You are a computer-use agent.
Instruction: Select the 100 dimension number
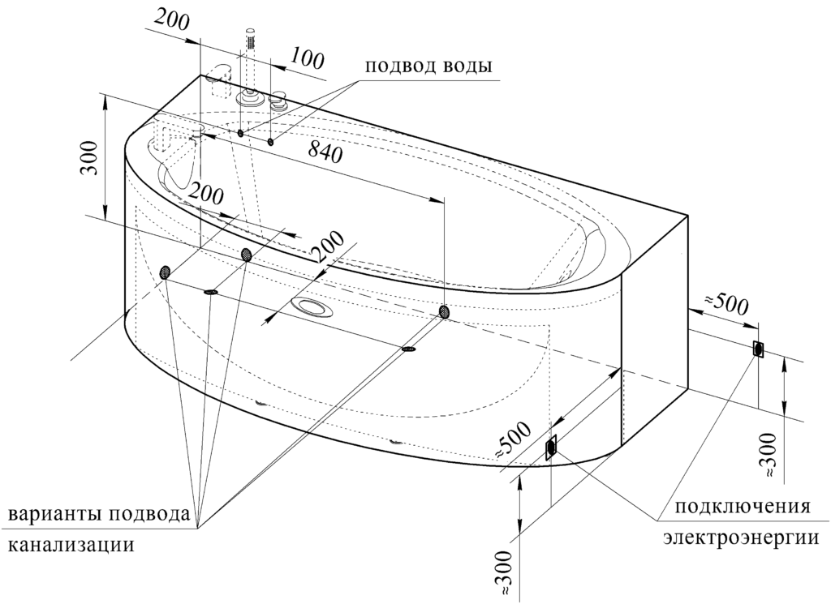coord(306,59)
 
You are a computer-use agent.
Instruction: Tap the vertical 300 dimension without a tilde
coord(91,159)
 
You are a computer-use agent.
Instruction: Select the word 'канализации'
coord(71,544)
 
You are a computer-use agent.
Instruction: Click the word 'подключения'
coord(742,507)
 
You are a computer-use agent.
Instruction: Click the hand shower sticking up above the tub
coord(251,63)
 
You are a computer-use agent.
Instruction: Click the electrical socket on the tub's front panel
coord(551,448)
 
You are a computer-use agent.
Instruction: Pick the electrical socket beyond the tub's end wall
coord(759,349)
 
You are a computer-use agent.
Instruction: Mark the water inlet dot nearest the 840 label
coord(271,141)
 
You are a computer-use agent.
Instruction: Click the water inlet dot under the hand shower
coord(240,133)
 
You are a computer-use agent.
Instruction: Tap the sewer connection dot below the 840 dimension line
coord(444,312)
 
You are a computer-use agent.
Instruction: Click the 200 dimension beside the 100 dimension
coord(172,21)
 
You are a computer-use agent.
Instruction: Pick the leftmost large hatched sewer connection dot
coord(166,272)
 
